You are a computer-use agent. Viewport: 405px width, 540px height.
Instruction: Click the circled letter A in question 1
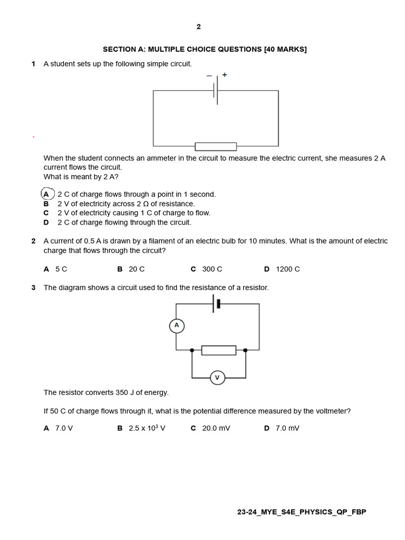point(47,194)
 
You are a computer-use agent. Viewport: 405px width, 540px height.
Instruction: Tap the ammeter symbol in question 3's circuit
point(177,326)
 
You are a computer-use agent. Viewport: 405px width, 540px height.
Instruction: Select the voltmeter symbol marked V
point(217,378)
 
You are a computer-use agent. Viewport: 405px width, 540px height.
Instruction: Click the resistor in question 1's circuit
point(216,146)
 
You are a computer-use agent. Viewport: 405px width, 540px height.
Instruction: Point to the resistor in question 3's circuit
point(219,350)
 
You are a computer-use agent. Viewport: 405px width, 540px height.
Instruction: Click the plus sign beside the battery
point(225,75)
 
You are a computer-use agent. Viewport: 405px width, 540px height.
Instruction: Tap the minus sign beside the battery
point(209,75)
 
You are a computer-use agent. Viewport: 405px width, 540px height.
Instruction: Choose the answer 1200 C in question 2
point(287,269)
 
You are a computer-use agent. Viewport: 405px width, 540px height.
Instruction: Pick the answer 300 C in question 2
point(212,269)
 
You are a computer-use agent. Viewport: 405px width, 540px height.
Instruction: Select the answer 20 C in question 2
point(137,269)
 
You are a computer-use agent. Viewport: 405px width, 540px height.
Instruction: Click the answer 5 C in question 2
point(61,269)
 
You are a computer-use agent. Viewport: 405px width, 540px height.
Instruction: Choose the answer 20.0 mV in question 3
point(216,428)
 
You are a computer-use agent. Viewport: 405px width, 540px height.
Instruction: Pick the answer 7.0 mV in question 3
point(287,428)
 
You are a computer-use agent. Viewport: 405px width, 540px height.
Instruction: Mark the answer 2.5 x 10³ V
point(147,428)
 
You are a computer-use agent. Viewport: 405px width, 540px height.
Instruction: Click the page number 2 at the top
point(198,27)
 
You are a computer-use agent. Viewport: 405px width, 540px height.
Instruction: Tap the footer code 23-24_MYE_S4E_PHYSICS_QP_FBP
point(302,512)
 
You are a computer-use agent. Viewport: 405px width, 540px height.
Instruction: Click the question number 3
point(33,287)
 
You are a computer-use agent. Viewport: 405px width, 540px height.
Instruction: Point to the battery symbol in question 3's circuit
point(216,304)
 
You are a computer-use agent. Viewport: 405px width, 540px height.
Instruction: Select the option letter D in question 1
point(46,223)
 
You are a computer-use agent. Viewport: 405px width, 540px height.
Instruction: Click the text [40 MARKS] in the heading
point(285,49)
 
